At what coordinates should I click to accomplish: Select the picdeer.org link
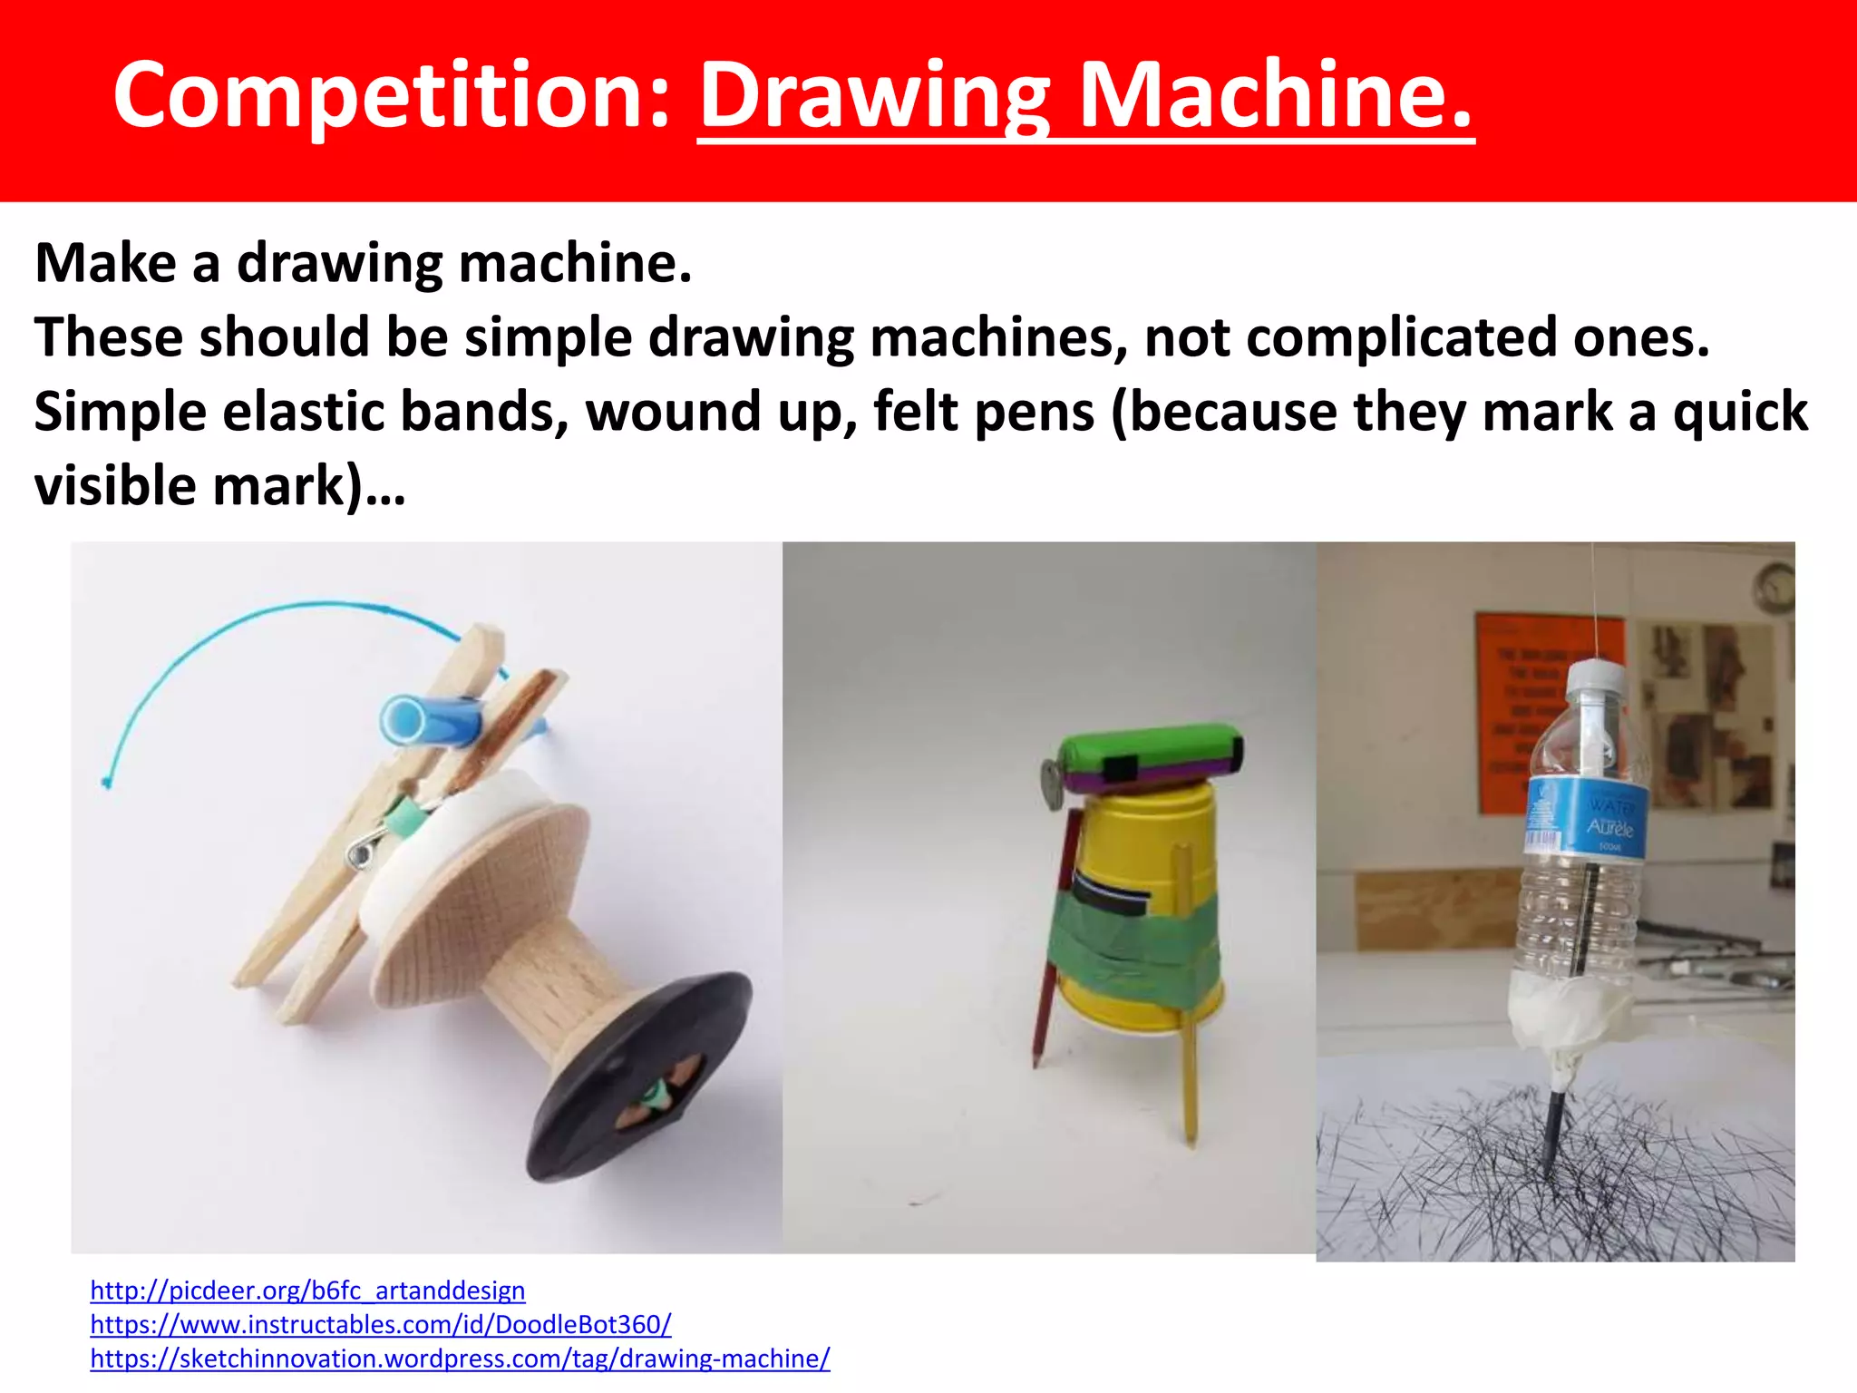[x=307, y=1290]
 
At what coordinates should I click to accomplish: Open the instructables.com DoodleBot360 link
[x=380, y=1324]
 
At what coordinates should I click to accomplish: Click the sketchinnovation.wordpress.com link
[x=460, y=1359]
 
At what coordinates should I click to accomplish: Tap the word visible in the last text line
[x=115, y=486]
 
